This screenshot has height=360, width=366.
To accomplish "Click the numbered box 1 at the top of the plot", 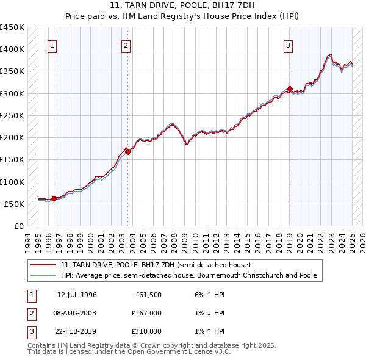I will [52, 45].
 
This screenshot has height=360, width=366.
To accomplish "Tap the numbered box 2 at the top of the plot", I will [126, 45].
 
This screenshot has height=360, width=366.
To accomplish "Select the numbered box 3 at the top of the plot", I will [288, 45].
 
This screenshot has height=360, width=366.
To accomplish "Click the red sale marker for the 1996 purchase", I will [54, 198].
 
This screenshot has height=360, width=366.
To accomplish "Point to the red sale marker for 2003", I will [127, 152].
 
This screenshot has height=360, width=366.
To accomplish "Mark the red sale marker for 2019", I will [290, 88].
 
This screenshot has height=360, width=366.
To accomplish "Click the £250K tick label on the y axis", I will [12, 115].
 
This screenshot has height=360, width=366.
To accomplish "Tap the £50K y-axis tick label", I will [15, 204].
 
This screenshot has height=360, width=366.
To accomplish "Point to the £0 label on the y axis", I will [20, 226].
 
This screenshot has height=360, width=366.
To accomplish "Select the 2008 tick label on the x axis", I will [174, 240].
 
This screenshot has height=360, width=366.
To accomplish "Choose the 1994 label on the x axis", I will [28, 240].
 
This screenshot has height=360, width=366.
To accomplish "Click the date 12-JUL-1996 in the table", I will [77, 295].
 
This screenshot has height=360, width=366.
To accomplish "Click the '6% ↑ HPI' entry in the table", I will [210, 295].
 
